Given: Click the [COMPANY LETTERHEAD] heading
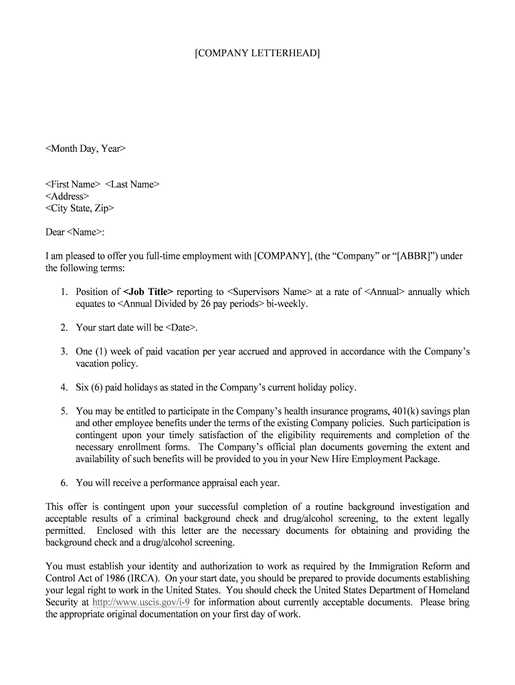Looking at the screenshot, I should (x=257, y=53).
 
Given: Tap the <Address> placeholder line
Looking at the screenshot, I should (x=67, y=197).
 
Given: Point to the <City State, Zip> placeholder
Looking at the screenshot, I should (x=80, y=208).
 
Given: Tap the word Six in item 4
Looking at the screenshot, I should (x=84, y=387).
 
